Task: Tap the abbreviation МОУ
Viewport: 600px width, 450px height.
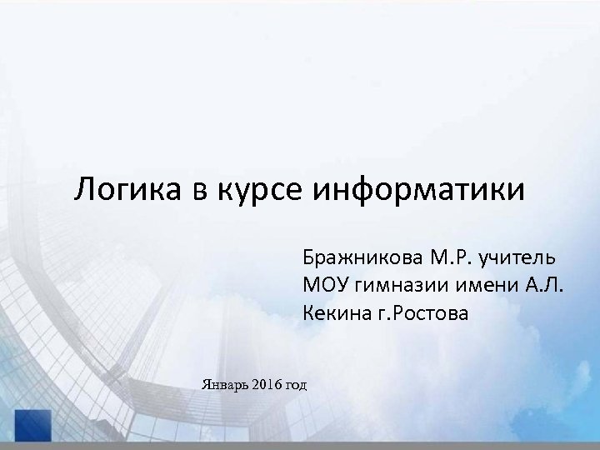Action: [x=327, y=284]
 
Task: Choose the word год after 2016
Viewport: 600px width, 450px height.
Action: [x=296, y=384]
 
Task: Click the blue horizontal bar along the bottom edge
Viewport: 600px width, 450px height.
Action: [x=317, y=446]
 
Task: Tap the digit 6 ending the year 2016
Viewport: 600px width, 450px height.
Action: [x=278, y=383]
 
